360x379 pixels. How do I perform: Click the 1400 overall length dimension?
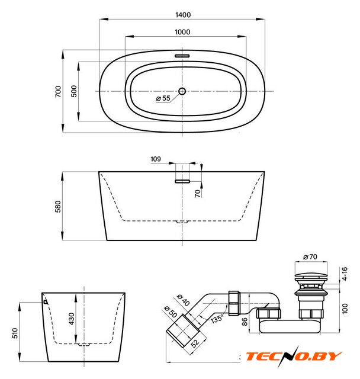pyautogui.click(x=183, y=15)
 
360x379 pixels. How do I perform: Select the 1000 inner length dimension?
pyautogui.click(x=182, y=32)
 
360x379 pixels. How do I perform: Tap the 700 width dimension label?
pyautogui.click(x=58, y=91)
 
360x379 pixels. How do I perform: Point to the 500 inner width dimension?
pyautogui.click(x=74, y=91)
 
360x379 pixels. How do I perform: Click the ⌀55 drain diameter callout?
pyautogui.click(x=163, y=98)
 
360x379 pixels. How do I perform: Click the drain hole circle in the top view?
pyautogui.click(x=182, y=91)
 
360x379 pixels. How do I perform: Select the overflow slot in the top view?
pyautogui.click(x=182, y=56)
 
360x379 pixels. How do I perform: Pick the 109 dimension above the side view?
pyautogui.click(x=155, y=159)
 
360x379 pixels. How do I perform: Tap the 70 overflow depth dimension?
pyautogui.click(x=198, y=194)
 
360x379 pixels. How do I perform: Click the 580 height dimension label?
pyautogui.click(x=58, y=207)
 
